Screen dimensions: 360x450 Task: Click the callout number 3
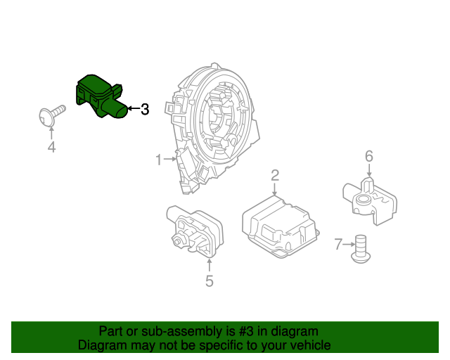(145, 109)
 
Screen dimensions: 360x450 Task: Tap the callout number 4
(51, 147)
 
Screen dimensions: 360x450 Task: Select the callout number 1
(158, 160)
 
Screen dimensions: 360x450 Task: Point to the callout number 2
(275, 175)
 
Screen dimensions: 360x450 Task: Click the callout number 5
(209, 281)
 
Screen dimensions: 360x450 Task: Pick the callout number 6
(368, 156)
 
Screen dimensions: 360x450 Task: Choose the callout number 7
(338, 245)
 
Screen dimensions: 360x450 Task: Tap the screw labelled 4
(51, 116)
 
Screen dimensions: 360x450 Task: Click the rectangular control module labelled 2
(279, 224)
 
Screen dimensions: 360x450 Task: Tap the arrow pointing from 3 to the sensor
(132, 109)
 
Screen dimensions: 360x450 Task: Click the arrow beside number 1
(169, 160)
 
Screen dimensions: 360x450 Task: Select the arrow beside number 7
(349, 245)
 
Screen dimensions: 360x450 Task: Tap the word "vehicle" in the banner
(310, 345)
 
